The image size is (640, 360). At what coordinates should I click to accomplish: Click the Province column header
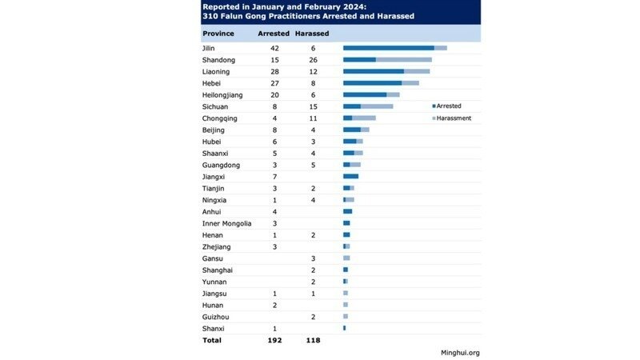(x=218, y=34)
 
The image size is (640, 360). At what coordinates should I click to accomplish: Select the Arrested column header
(x=274, y=34)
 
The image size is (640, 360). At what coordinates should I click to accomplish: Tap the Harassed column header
(x=312, y=34)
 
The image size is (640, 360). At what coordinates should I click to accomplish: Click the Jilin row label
(x=210, y=48)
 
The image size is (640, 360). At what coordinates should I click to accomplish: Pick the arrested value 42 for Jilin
(x=274, y=48)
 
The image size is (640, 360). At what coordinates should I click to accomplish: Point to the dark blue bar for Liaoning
(x=373, y=71)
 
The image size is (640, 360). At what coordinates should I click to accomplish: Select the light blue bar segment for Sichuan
(x=377, y=106)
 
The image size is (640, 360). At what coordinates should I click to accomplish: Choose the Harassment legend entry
(x=454, y=118)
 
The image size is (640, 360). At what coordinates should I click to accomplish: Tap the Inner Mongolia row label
(x=227, y=223)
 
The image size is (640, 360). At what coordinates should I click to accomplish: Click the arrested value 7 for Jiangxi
(x=274, y=176)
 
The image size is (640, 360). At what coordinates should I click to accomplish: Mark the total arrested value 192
(x=274, y=340)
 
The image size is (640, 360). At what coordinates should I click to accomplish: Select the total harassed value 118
(x=312, y=340)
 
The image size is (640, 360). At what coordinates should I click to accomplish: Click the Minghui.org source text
(x=460, y=352)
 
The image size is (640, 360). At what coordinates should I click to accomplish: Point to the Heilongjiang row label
(x=222, y=94)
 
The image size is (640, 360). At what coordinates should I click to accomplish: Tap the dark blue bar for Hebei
(x=372, y=82)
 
